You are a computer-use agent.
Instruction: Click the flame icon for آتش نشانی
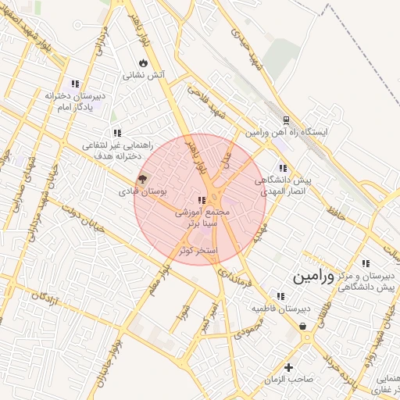[x=142, y=62]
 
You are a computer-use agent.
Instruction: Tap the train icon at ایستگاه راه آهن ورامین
[x=286, y=120]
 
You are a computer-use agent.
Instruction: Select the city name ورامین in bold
[x=313, y=277]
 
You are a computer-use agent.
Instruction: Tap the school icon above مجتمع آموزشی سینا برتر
[x=202, y=200]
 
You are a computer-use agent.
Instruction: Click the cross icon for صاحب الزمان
[x=289, y=367]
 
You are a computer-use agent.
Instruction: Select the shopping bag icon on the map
[x=302, y=327]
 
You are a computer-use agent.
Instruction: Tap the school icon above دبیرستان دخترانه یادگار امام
[x=75, y=84]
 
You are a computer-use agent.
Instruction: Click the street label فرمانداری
[x=234, y=273]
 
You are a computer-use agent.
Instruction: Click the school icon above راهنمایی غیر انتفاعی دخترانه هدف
[x=116, y=134]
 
